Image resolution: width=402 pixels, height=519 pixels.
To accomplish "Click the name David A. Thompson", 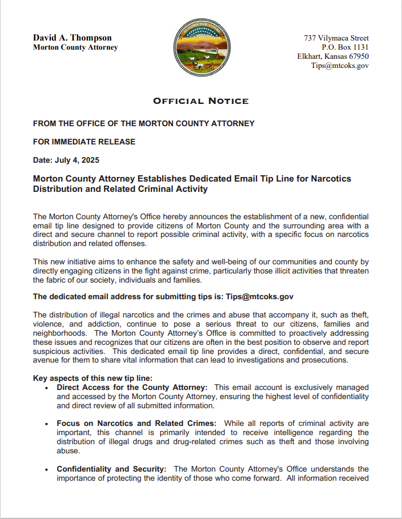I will point(72,38).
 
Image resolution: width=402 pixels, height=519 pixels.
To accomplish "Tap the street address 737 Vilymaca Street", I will point(336,38).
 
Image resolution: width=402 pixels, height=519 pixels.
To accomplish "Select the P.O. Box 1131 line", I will point(345,47).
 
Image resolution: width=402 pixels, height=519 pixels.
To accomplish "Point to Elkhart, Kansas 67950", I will point(332,57).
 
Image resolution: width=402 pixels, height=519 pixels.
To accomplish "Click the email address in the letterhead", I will point(340,66).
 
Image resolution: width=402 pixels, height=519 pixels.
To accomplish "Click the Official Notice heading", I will point(200,101).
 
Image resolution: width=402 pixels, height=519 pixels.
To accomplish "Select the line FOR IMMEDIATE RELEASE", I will point(84,142).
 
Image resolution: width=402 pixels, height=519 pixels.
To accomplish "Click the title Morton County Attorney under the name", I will point(75,47).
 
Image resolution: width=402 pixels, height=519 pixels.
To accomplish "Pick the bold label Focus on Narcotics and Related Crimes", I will point(136,423).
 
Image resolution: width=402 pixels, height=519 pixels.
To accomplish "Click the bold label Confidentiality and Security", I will point(111,469).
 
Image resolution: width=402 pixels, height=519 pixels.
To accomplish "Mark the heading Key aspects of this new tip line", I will point(93,379).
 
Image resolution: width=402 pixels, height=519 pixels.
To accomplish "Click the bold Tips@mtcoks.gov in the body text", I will point(259,296).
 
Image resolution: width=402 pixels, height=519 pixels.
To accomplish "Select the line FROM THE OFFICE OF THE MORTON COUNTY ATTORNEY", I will point(143,123).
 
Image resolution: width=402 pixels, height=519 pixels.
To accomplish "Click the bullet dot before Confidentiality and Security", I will point(46,470).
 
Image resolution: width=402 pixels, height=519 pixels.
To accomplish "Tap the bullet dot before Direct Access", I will point(46,388).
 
